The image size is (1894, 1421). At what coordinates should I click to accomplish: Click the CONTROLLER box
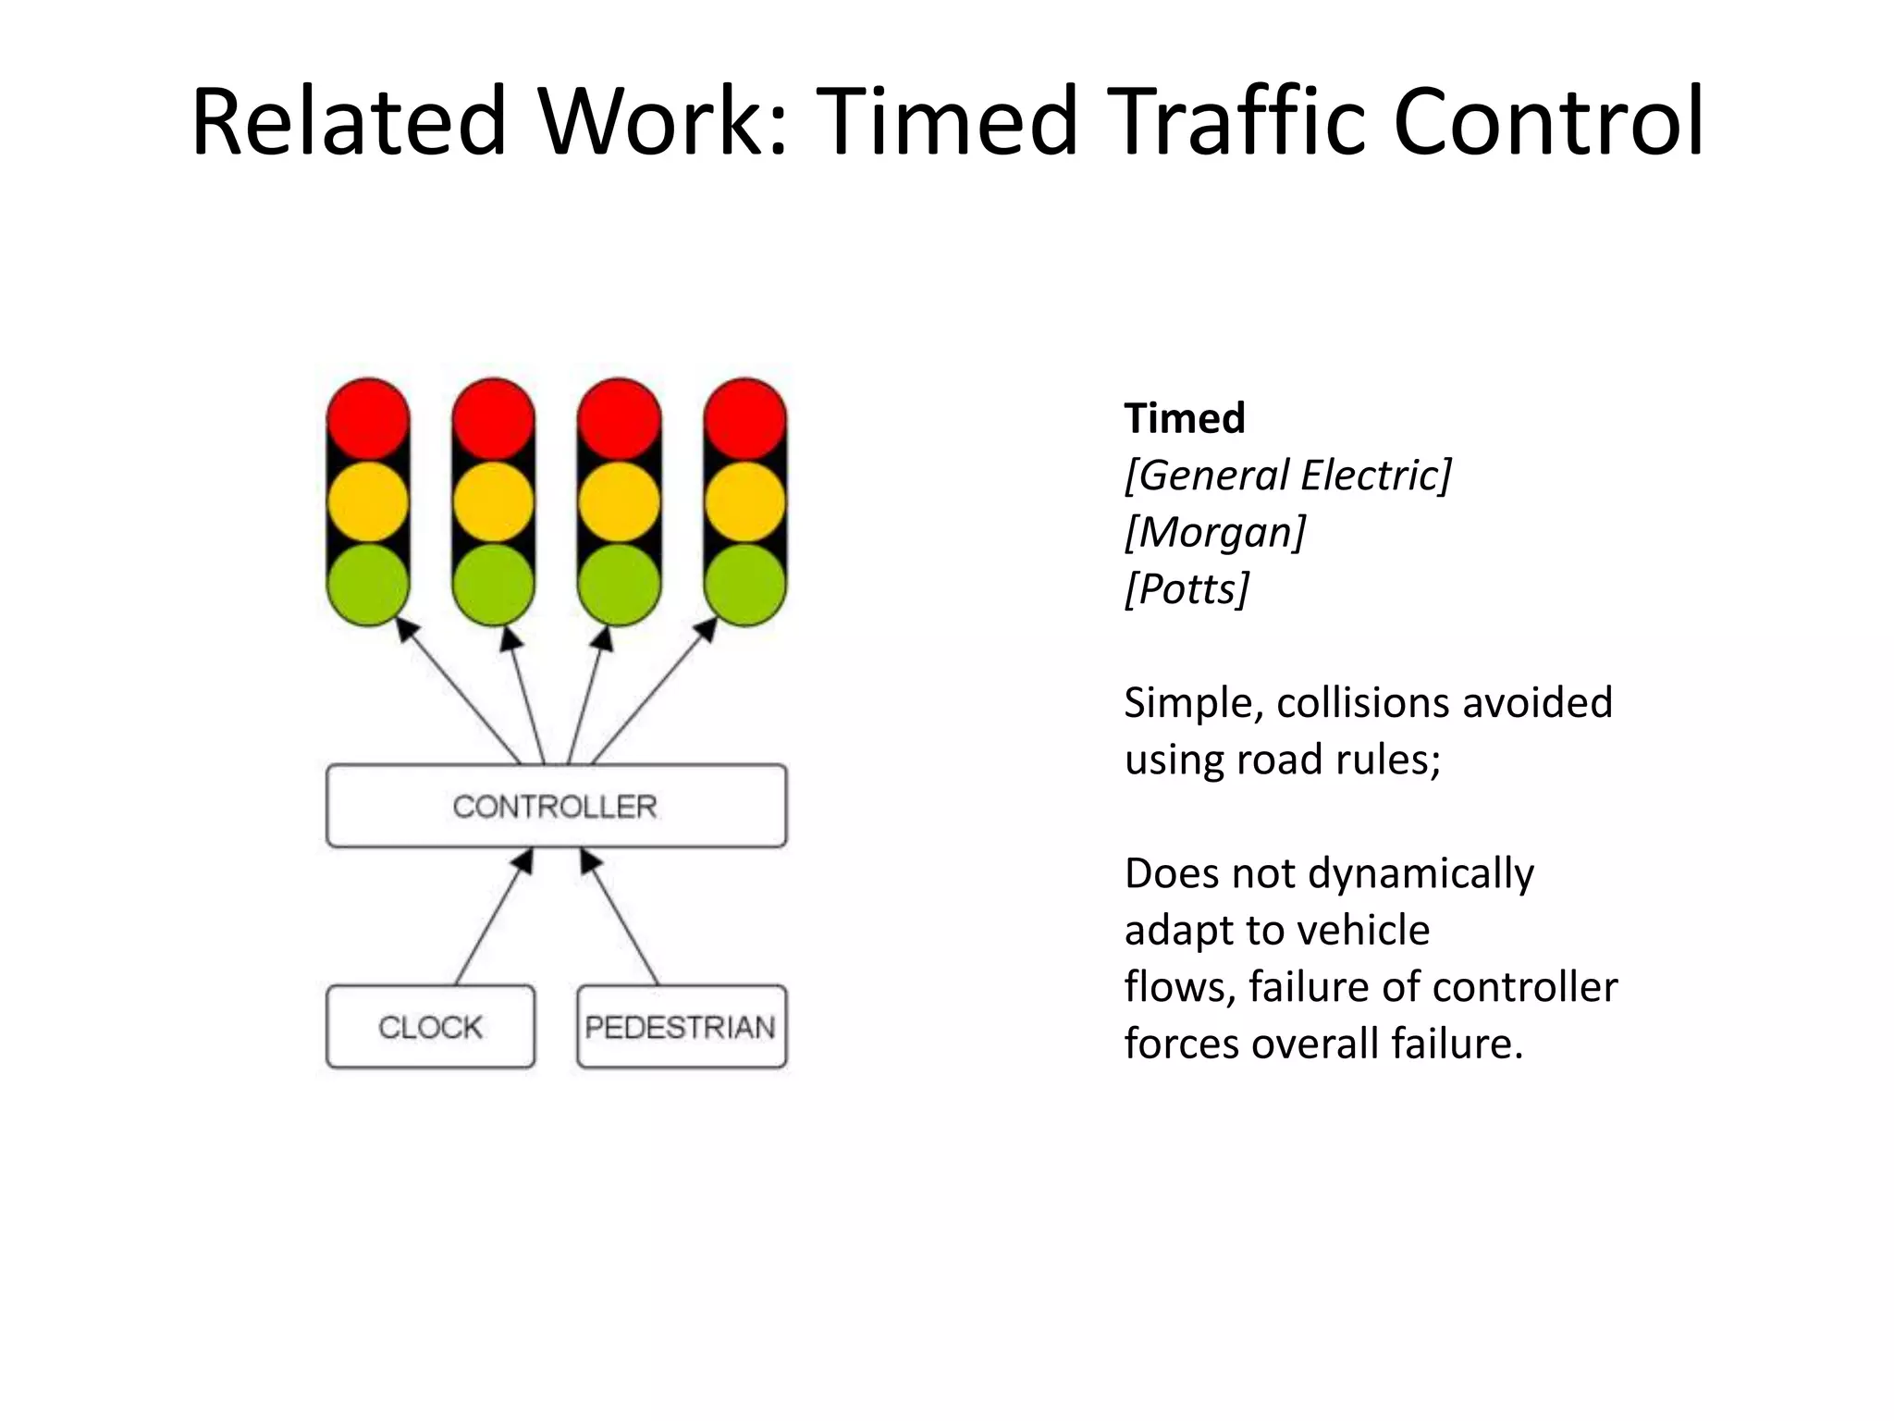pos(556,806)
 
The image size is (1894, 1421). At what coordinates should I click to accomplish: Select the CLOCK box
pos(430,1027)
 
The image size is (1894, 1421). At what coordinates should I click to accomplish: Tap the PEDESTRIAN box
pos(682,1027)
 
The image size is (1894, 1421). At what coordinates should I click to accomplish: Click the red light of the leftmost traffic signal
pos(368,418)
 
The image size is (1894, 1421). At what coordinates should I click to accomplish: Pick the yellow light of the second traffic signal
pos(494,501)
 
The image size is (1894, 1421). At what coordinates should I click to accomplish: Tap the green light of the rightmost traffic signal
pos(745,585)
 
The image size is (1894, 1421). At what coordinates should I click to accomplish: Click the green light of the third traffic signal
pos(620,585)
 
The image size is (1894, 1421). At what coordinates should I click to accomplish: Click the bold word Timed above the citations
pos(1185,418)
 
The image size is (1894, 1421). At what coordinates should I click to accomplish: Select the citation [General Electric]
pos(1288,476)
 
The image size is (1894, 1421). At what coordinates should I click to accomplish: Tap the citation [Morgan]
pos(1215,532)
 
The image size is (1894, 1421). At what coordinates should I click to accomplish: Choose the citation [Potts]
pos(1187,588)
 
